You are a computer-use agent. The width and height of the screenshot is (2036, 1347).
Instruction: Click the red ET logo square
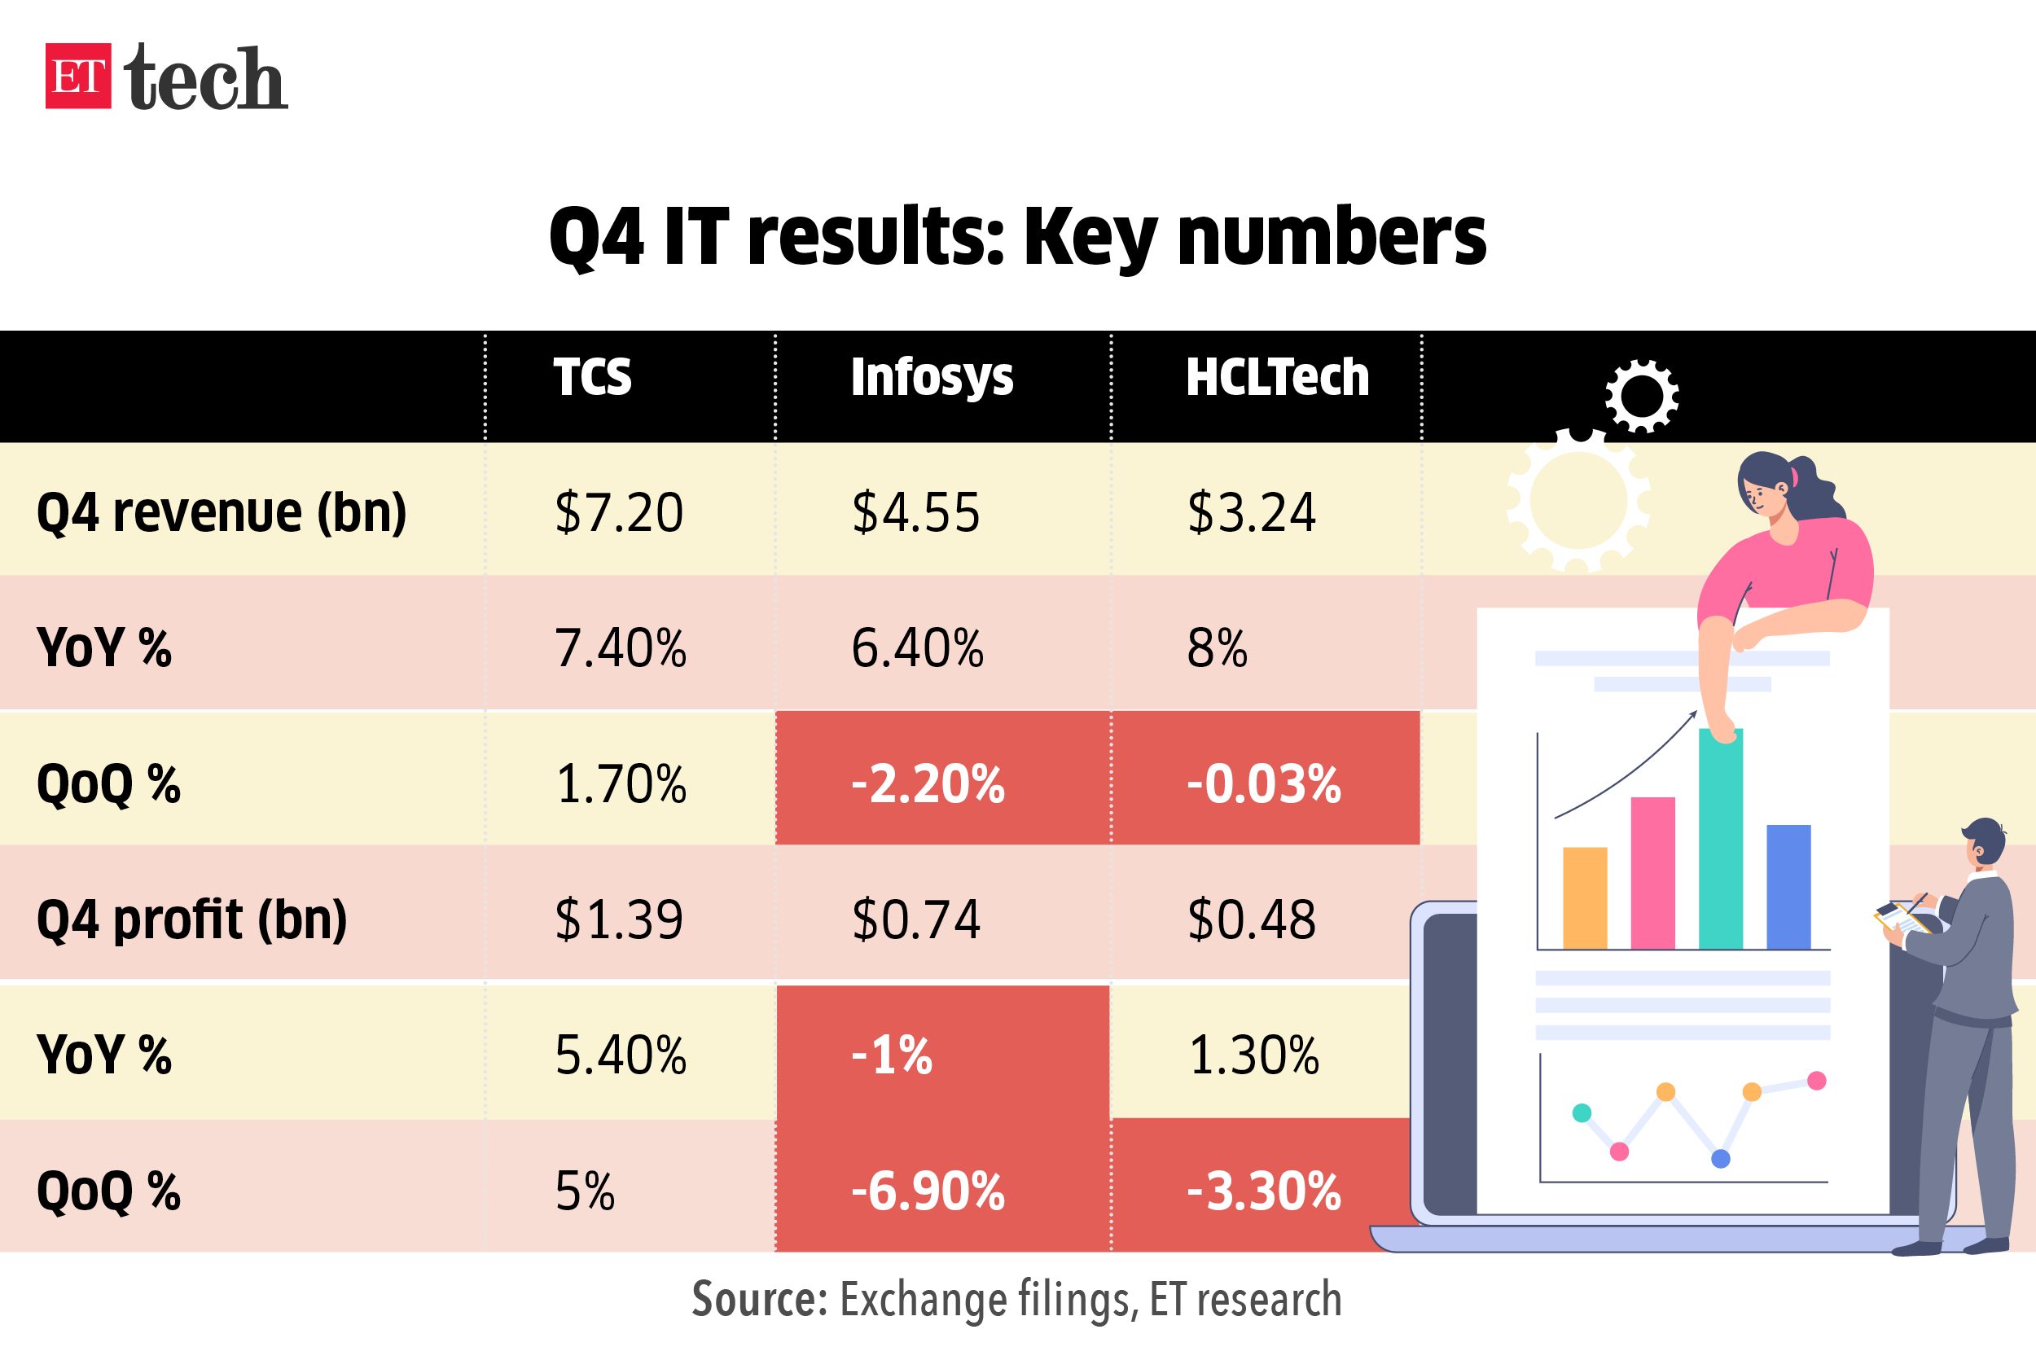click(x=78, y=76)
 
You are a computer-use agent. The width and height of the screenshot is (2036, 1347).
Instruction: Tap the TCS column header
click(x=592, y=377)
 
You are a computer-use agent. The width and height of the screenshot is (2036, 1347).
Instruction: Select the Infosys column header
click(x=931, y=377)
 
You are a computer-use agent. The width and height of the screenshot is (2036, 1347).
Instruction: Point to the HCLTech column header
click(x=1277, y=377)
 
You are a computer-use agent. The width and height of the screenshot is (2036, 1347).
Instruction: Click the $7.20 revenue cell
click(x=618, y=513)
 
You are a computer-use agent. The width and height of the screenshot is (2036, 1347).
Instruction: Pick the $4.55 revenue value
click(x=915, y=513)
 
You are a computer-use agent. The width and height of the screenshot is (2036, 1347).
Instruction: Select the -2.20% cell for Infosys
click(x=928, y=783)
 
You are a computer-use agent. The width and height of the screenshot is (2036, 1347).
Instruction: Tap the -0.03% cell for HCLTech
click(x=1264, y=783)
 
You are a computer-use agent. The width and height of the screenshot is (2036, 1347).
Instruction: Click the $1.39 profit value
click(x=618, y=919)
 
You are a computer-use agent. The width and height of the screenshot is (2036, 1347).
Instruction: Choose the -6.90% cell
click(x=928, y=1191)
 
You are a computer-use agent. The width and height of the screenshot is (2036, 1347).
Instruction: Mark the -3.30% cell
click(x=1264, y=1191)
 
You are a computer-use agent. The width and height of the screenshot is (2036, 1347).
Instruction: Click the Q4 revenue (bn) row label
click(x=222, y=513)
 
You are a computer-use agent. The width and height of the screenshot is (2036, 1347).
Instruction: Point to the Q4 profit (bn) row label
click(x=191, y=919)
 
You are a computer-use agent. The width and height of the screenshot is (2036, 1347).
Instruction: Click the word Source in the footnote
click(x=758, y=1299)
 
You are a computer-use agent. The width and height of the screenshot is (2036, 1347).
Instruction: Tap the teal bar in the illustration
click(x=1721, y=842)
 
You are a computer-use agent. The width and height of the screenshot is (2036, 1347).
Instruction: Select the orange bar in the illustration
click(x=1584, y=898)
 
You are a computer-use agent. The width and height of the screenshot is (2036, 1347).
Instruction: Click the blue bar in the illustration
click(x=1788, y=887)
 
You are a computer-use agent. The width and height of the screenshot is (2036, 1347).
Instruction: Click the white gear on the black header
click(x=1642, y=396)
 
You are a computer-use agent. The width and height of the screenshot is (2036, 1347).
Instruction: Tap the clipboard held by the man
click(x=1900, y=918)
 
